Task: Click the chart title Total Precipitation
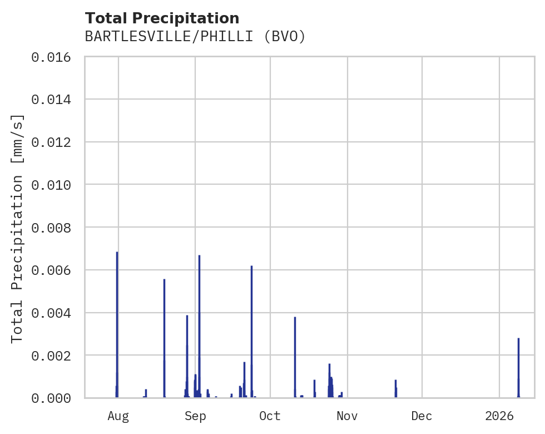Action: tap(162, 18)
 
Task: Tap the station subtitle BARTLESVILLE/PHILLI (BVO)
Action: tap(195, 37)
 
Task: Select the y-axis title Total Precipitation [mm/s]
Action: tap(18, 228)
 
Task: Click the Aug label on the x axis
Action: tap(118, 416)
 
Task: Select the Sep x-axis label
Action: tap(195, 416)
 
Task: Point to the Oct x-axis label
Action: tap(270, 416)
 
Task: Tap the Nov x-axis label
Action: tap(347, 416)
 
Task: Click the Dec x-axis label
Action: tap(422, 416)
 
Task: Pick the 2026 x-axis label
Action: tap(499, 416)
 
